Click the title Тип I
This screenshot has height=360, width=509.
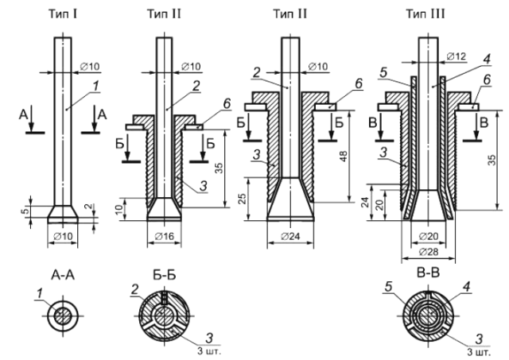tap(63, 14)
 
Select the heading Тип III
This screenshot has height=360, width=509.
tap(425, 14)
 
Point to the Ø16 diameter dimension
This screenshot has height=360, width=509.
tap(165, 236)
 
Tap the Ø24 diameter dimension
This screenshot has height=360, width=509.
tap(290, 236)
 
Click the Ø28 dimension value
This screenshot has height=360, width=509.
tap(429, 251)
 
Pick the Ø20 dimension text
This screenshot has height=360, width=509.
tap(429, 236)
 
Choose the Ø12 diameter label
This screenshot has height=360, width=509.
tap(457, 56)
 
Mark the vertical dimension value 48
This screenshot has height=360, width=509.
tap(344, 156)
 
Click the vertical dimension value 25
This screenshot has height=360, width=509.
tap(243, 199)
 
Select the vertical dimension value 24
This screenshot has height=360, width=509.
tap(366, 203)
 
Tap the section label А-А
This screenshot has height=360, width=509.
tap(63, 275)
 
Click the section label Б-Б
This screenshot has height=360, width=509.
tap(165, 275)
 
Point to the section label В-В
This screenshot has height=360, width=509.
tap(429, 273)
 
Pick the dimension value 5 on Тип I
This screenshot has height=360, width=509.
tap(26, 211)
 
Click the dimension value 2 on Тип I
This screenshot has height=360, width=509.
tap(89, 207)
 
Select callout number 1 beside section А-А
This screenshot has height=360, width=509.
tap(40, 294)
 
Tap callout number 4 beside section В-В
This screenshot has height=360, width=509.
tap(467, 287)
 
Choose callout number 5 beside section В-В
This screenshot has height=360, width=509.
tap(389, 287)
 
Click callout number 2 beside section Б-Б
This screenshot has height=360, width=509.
tap(135, 289)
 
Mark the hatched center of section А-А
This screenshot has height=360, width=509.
tap(63, 315)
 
